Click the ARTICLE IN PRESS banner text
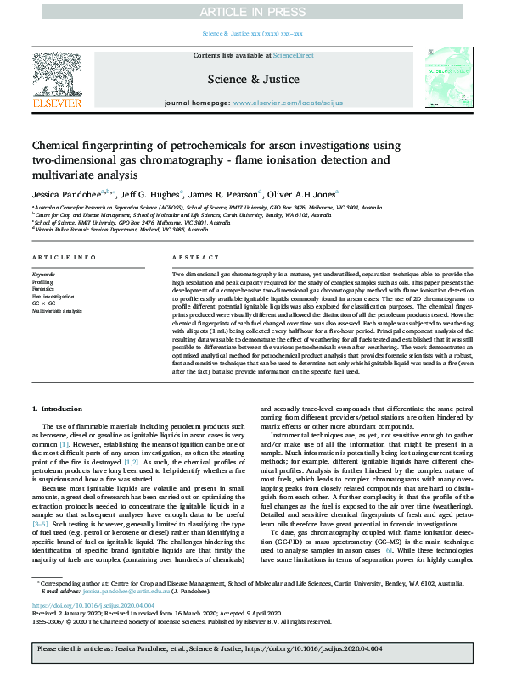252,12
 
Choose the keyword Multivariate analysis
58,311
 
